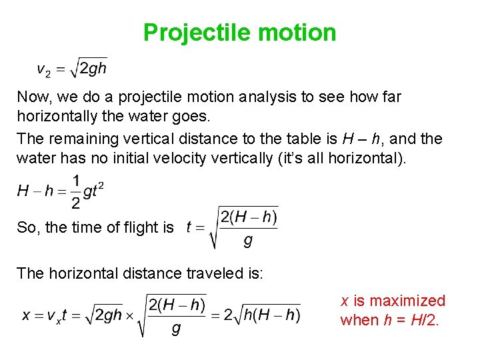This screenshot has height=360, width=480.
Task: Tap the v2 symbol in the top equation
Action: pyautogui.click(x=42, y=69)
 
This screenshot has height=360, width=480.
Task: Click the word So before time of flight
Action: pyautogui.click(x=27, y=227)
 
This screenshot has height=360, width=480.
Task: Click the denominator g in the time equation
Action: pyautogui.click(x=248, y=241)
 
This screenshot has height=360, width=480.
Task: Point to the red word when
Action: pyautogui.click(x=359, y=320)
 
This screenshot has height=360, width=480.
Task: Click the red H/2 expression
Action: pyautogui.click(x=425, y=320)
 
